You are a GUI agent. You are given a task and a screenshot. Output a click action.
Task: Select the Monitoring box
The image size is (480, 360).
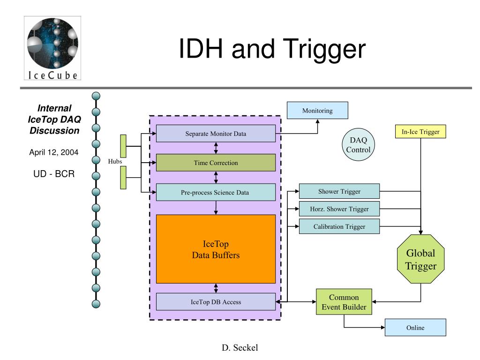[x=317, y=111]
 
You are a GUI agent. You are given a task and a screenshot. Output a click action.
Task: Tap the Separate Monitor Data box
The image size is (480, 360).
[x=216, y=133]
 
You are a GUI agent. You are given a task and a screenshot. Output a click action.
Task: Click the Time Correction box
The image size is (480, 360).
[x=216, y=163]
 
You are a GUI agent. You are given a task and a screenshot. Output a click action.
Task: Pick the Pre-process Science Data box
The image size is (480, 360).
[x=216, y=192]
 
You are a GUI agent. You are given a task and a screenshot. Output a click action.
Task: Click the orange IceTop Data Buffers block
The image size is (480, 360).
[x=216, y=249]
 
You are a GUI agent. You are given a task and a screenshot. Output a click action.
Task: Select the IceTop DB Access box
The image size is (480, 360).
[x=216, y=301]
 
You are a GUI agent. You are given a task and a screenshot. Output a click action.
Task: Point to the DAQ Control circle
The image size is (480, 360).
[x=359, y=145]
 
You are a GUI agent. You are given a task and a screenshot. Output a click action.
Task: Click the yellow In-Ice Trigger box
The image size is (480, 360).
[x=420, y=132]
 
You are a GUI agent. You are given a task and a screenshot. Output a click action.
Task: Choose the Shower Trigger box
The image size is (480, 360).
[x=339, y=191]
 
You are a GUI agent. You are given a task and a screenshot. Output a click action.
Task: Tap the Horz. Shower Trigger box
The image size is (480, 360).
[x=339, y=209]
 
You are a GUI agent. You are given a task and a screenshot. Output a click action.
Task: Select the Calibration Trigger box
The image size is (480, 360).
[x=339, y=226]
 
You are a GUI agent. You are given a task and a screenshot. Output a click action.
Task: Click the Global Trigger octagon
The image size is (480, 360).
[x=421, y=259]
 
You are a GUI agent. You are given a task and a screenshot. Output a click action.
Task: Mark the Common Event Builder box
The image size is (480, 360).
[x=344, y=302]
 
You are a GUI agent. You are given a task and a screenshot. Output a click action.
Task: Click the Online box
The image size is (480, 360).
[x=415, y=327]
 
